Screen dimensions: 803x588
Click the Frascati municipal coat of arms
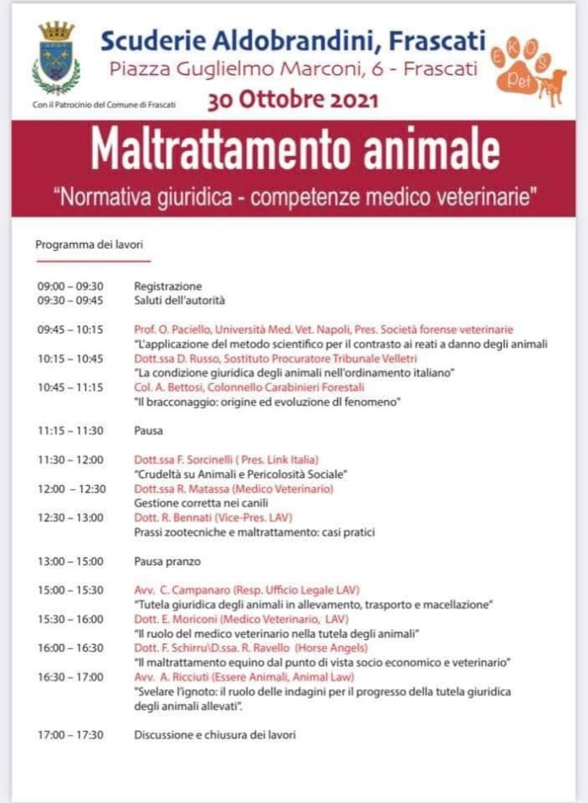[57, 57]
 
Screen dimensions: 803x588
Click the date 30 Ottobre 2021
[293, 101]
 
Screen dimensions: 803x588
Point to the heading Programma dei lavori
[89, 245]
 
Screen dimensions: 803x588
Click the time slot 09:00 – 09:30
[70, 286]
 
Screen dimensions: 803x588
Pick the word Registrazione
[168, 286]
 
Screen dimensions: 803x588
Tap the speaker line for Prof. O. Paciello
[324, 330]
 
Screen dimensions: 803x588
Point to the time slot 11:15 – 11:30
[70, 430]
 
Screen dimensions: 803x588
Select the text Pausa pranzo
[167, 561]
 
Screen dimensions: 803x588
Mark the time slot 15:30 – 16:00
[70, 619]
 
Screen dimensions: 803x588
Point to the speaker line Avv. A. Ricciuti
[244, 676]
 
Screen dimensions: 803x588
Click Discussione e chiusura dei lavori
[215, 735]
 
